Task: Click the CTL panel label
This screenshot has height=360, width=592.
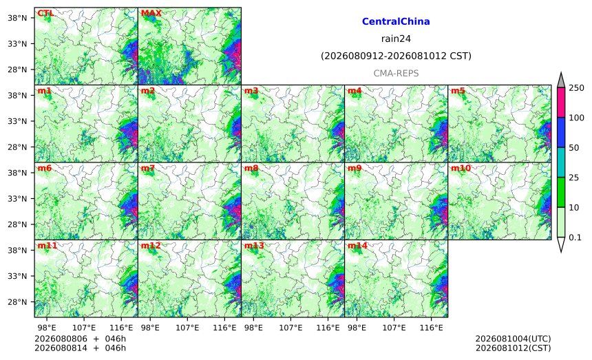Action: pyautogui.click(x=45, y=14)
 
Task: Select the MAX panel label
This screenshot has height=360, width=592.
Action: pyautogui.click(x=151, y=14)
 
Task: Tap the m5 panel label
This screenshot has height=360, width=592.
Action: pyautogui.click(x=458, y=91)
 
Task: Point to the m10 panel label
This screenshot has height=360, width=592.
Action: pyautogui.click(x=461, y=169)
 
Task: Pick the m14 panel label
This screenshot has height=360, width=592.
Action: pyautogui.click(x=357, y=246)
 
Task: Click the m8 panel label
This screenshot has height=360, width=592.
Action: pyautogui.click(x=251, y=169)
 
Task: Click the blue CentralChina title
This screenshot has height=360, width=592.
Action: pyautogui.click(x=396, y=21)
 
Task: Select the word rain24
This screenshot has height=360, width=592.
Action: pyautogui.click(x=396, y=39)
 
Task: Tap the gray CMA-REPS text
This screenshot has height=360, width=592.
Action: pyautogui.click(x=396, y=73)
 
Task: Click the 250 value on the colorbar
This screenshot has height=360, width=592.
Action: pyautogui.click(x=577, y=88)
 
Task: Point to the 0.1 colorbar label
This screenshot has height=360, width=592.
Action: pyautogui.click(x=575, y=237)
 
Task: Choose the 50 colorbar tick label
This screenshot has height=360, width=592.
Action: pyautogui.click(x=574, y=147)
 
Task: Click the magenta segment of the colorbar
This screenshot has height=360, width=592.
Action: pyautogui.click(x=560, y=103)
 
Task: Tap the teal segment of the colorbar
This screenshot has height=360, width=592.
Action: pyautogui.click(x=560, y=162)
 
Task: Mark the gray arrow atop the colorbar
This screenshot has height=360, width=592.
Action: pyautogui.click(x=560, y=80)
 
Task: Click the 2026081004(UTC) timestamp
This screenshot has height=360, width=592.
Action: pyautogui.click(x=513, y=339)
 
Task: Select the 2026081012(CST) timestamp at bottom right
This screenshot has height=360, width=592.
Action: pyautogui.click(x=513, y=348)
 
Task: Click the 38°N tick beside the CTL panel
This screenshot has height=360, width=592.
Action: pyautogui.click(x=17, y=18)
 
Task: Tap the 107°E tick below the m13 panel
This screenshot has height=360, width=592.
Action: pyautogui.click(x=290, y=328)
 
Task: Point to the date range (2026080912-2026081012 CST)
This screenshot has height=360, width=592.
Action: pyautogui.click(x=396, y=56)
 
